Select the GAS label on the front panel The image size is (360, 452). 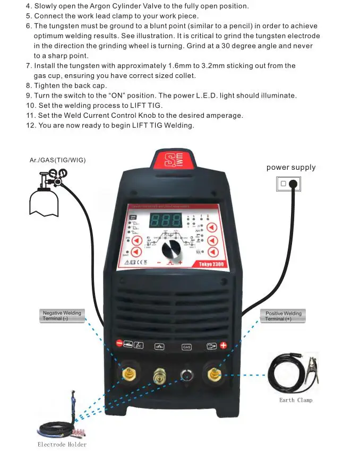coord(186,346)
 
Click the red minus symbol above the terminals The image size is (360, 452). coord(119,344)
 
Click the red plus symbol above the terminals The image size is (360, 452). coord(224,346)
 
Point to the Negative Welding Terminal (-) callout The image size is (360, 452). coord(62,316)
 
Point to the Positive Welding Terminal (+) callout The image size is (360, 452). coord(283,316)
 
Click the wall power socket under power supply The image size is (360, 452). coord(288,184)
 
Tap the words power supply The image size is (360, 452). coord(291,168)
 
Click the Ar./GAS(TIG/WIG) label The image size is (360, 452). coord(58,160)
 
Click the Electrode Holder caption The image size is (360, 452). coord(62,444)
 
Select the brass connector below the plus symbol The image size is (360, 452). coord(215,375)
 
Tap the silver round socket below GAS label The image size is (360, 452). coord(186,375)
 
